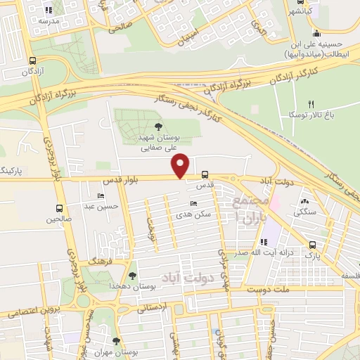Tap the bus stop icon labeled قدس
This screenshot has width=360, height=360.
click(x=205, y=174)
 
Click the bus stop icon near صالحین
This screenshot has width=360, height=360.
click(x=59, y=209)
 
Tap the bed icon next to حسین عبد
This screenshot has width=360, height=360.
click(x=101, y=196)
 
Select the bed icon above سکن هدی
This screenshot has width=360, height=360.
click(x=193, y=204)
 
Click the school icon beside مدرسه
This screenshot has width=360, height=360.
click(x=48, y=11)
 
